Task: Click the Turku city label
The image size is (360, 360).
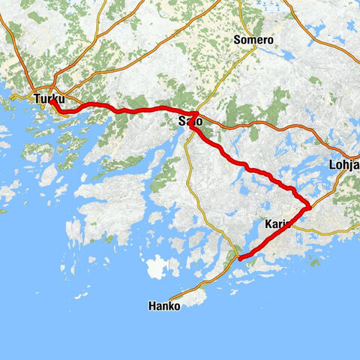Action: pyautogui.click(x=49, y=98)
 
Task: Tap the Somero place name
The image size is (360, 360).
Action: pyautogui.click(x=253, y=40)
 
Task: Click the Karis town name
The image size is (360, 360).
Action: pyautogui.click(x=279, y=223)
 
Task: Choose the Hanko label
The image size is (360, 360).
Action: pyautogui.click(x=164, y=306)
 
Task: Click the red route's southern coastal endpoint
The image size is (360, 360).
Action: pyautogui.click(x=240, y=259)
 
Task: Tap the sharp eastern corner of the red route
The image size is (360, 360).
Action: pyautogui.click(x=309, y=207)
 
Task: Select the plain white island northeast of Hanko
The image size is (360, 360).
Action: pyautogui.click(x=160, y=267)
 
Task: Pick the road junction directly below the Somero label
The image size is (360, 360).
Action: pyautogui.click(x=254, y=49)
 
